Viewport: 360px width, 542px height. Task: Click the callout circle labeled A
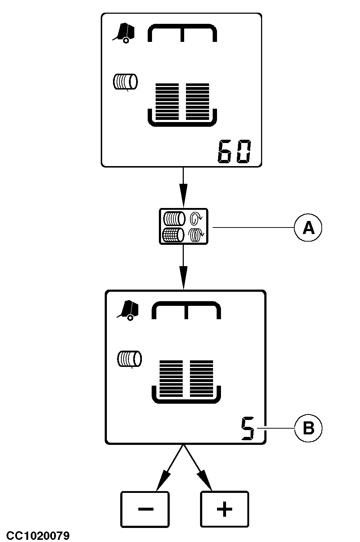point(308,227)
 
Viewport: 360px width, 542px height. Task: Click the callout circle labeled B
point(308,429)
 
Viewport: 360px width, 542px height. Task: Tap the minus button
point(145,509)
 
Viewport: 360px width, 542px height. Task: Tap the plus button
point(224,509)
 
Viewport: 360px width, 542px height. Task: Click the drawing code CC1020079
point(35,535)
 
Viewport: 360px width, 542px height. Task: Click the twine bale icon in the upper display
point(125,82)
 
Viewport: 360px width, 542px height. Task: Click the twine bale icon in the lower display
point(129,359)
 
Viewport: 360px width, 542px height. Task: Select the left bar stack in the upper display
point(167,101)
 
